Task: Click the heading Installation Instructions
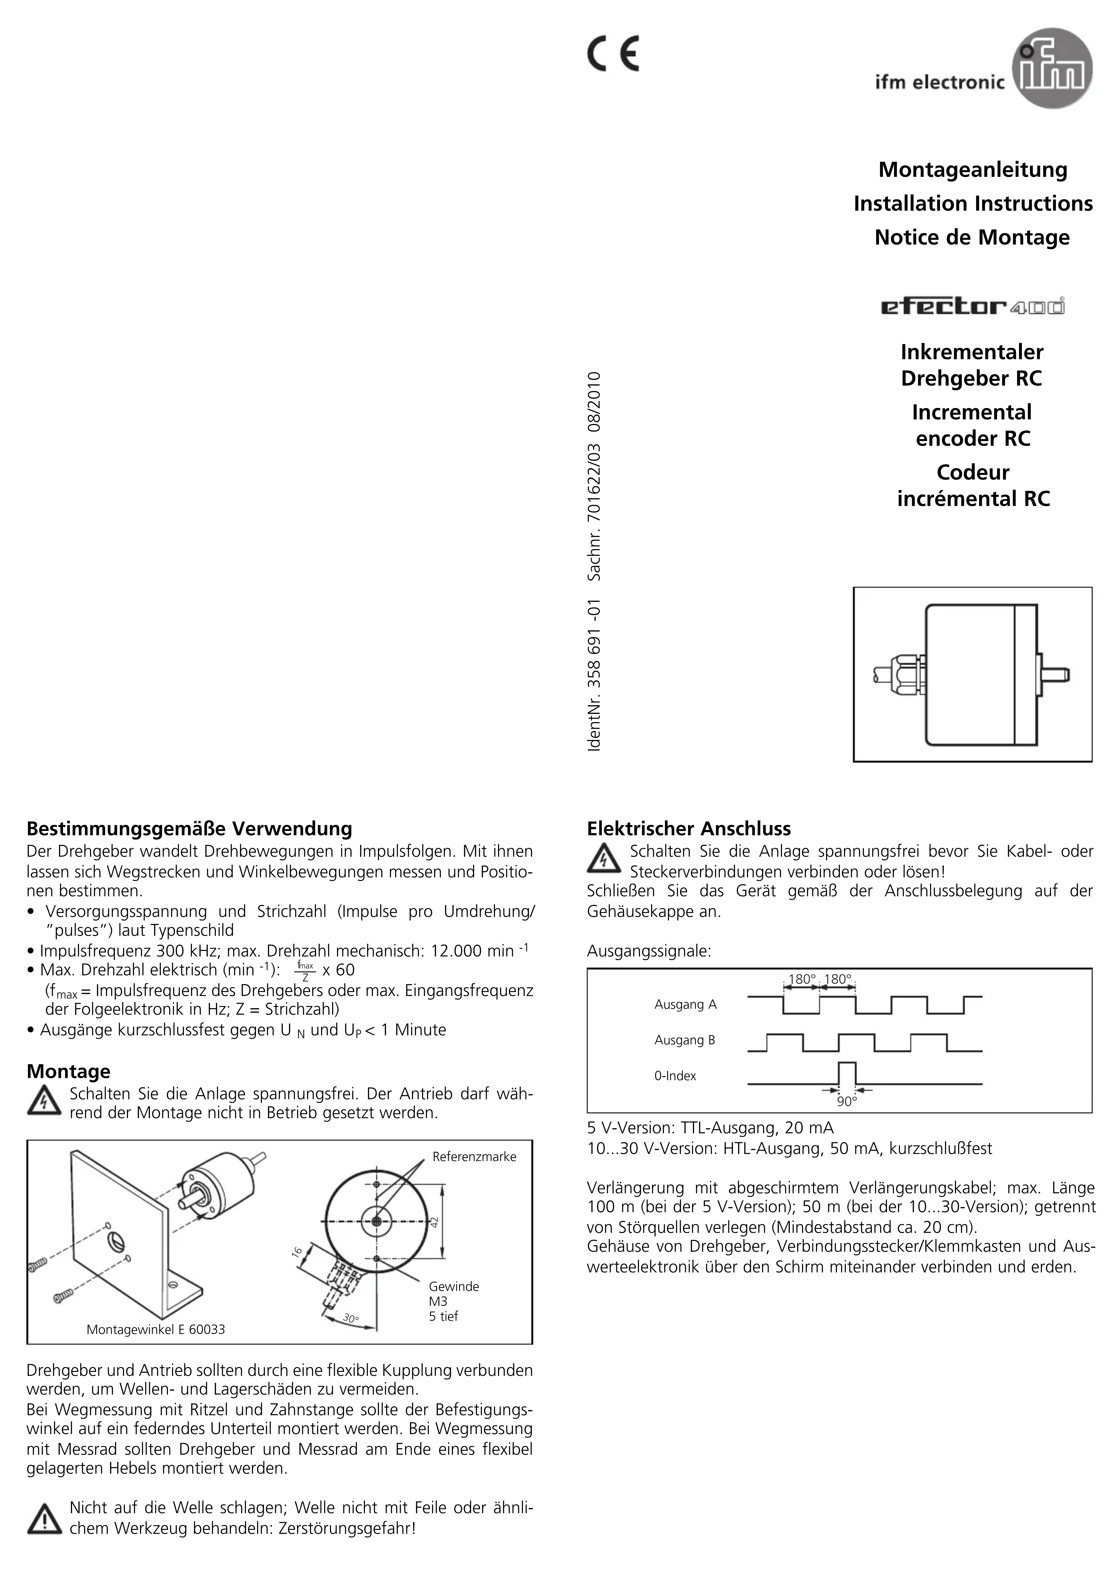click(973, 204)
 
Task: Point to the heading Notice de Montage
click(972, 237)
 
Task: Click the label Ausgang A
click(685, 1004)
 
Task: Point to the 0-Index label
click(675, 1075)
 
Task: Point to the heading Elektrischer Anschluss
click(689, 829)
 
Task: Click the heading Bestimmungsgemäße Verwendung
click(189, 829)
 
